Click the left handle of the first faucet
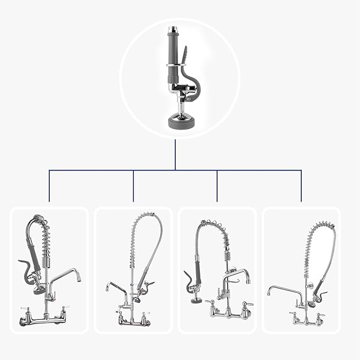pyautogui.click(x=23, y=308)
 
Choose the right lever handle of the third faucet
pyautogui.click(x=248, y=304)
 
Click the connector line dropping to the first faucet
pyautogui.click(x=49, y=186)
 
